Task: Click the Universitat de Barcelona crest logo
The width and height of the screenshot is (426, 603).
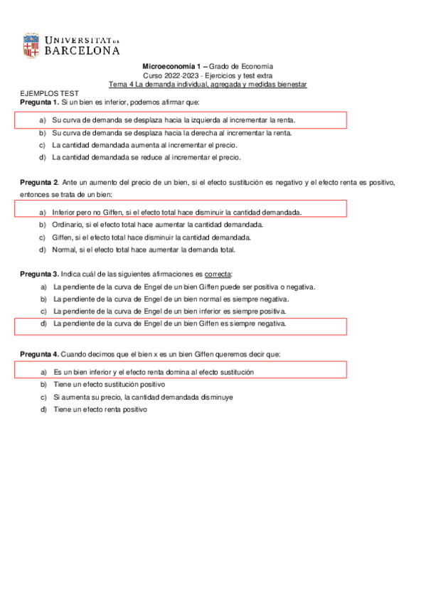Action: (x=31, y=46)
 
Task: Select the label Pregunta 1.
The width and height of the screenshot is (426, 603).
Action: (x=38, y=102)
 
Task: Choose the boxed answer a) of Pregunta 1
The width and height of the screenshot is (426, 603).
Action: (x=174, y=120)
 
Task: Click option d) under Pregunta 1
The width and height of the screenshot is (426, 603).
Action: (x=146, y=156)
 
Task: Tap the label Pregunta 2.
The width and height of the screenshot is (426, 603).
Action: (x=38, y=183)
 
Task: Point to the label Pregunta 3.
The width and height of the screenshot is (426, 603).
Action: (x=38, y=274)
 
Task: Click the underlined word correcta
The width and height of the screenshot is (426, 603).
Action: (x=218, y=274)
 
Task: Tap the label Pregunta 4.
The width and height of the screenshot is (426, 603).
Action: (x=38, y=353)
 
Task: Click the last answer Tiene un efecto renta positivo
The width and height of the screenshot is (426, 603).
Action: (x=99, y=410)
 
